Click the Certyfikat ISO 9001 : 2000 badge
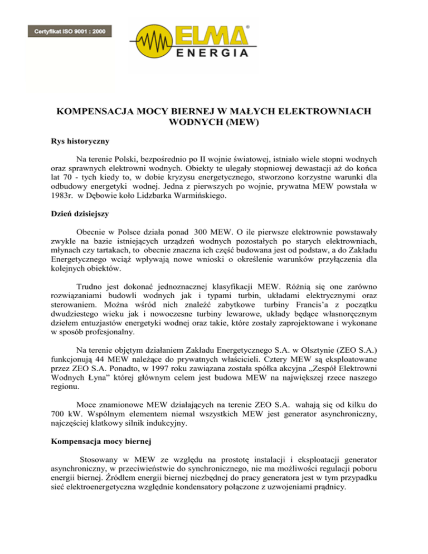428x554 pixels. (70, 31)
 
